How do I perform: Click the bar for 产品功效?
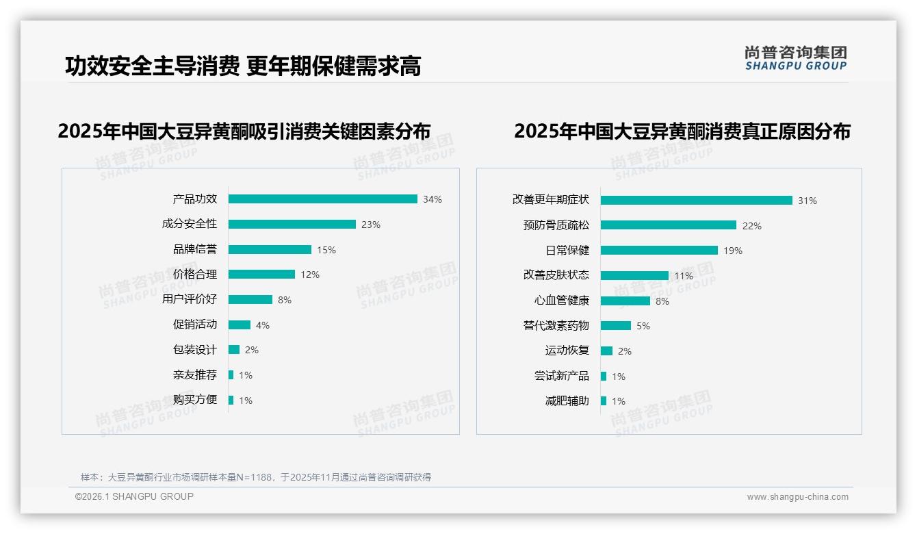click(322, 199)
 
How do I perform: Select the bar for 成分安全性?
click(292, 225)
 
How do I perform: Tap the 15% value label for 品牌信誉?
click(326, 250)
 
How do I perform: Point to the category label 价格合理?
click(195, 275)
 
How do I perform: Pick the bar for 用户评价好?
click(250, 300)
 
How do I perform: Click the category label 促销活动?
click(195, 325)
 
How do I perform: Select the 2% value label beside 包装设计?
click(252, 350)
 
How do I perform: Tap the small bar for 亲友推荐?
click(231, 375)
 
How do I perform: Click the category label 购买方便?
click(195, 400)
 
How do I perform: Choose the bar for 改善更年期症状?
click(696, 201)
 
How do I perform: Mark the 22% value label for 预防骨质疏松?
click(752, 226)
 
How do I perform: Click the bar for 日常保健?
click(659, 251)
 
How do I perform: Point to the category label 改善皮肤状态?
click(556, 275)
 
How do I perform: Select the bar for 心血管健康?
click(625, 301)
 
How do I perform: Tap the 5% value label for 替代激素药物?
click(643, 326)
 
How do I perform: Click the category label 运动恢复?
click(567, 351)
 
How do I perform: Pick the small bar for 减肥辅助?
click(604, 401)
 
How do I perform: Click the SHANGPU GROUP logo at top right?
click(796, 58)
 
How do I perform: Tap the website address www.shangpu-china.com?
click(797, 497)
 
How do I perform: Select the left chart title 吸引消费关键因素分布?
click(244, 131)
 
